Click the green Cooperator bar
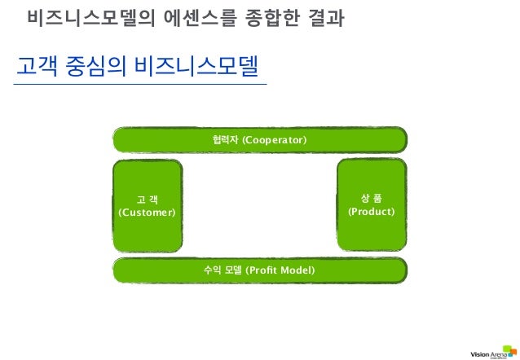click(x=259, y=140)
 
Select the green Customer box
click(x=147, y=204)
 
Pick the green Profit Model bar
click(x=259, y=269)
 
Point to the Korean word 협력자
click(x=222, y=141)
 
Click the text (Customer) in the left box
click(x=147, y=213)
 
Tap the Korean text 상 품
click(x=371, y=197)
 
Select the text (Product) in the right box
click(x=371, y=212)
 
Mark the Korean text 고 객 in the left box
click(x=148, y=199)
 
